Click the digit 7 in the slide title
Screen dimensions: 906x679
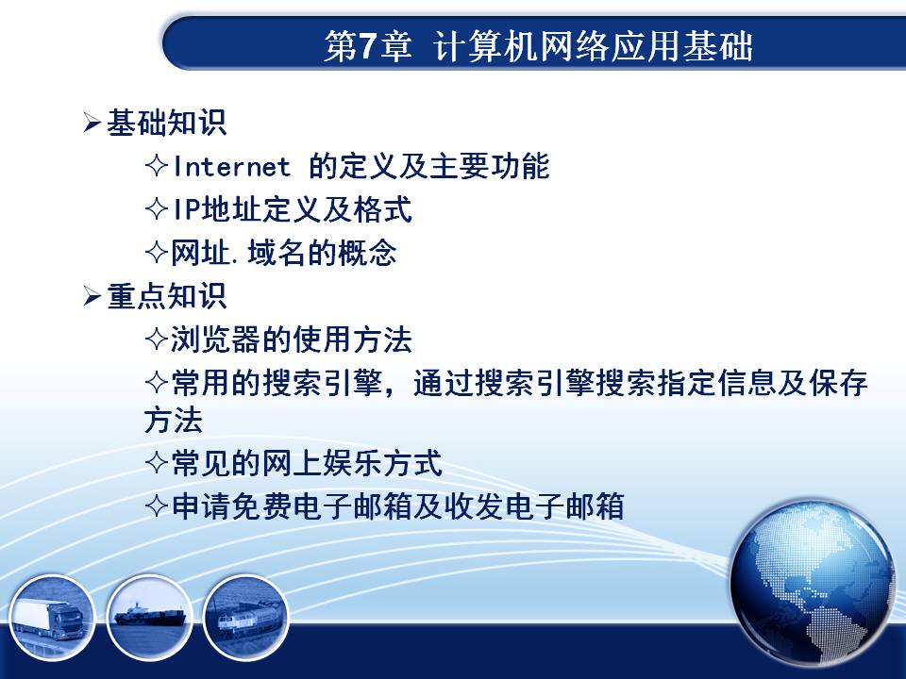tap(367, 45)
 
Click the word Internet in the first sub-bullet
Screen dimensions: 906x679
tap(231, 166)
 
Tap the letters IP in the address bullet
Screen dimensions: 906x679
tap(186, 209)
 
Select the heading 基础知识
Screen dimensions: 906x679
tap(166, 123)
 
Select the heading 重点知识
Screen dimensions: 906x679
tap(166, 295)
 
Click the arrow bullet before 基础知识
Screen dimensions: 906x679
tap(92, 123)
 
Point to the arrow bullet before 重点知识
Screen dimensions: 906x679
tap(92, 295)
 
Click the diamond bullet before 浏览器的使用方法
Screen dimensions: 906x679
tap(157, 339)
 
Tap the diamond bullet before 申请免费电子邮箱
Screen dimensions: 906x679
tap(157, 506)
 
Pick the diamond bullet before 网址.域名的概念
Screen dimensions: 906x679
tap(157, 253)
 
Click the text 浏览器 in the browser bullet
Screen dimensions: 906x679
tap(215, 339)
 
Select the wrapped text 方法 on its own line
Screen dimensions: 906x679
tap(174, 420)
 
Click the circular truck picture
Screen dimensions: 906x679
tap(52, 617)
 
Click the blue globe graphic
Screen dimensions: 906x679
tap(813, 583)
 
